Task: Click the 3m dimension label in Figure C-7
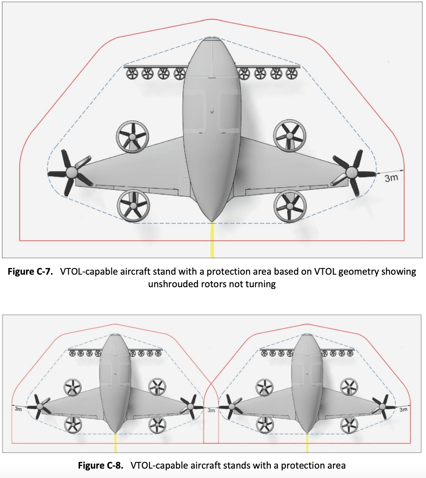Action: [x=391, y=178]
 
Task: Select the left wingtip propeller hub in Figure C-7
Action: [x=71, y=173]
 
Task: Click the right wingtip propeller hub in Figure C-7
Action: [x=352, y=172]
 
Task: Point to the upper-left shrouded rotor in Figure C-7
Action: [x=132, y=137]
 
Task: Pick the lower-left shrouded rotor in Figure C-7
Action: [x=133, y=205]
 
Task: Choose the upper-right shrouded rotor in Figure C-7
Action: [x=290, y=136]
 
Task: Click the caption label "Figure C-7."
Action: [x=30, y=272]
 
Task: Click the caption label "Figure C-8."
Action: [x=101, y=465]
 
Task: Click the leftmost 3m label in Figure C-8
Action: [x=18, y=409]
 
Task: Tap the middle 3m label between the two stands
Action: [x=211, y=410]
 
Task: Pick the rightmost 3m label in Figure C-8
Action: [x=403, y=409]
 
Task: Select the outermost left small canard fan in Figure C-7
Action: [x=131, y=73]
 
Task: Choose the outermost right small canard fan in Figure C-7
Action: [x=291, y=73]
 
